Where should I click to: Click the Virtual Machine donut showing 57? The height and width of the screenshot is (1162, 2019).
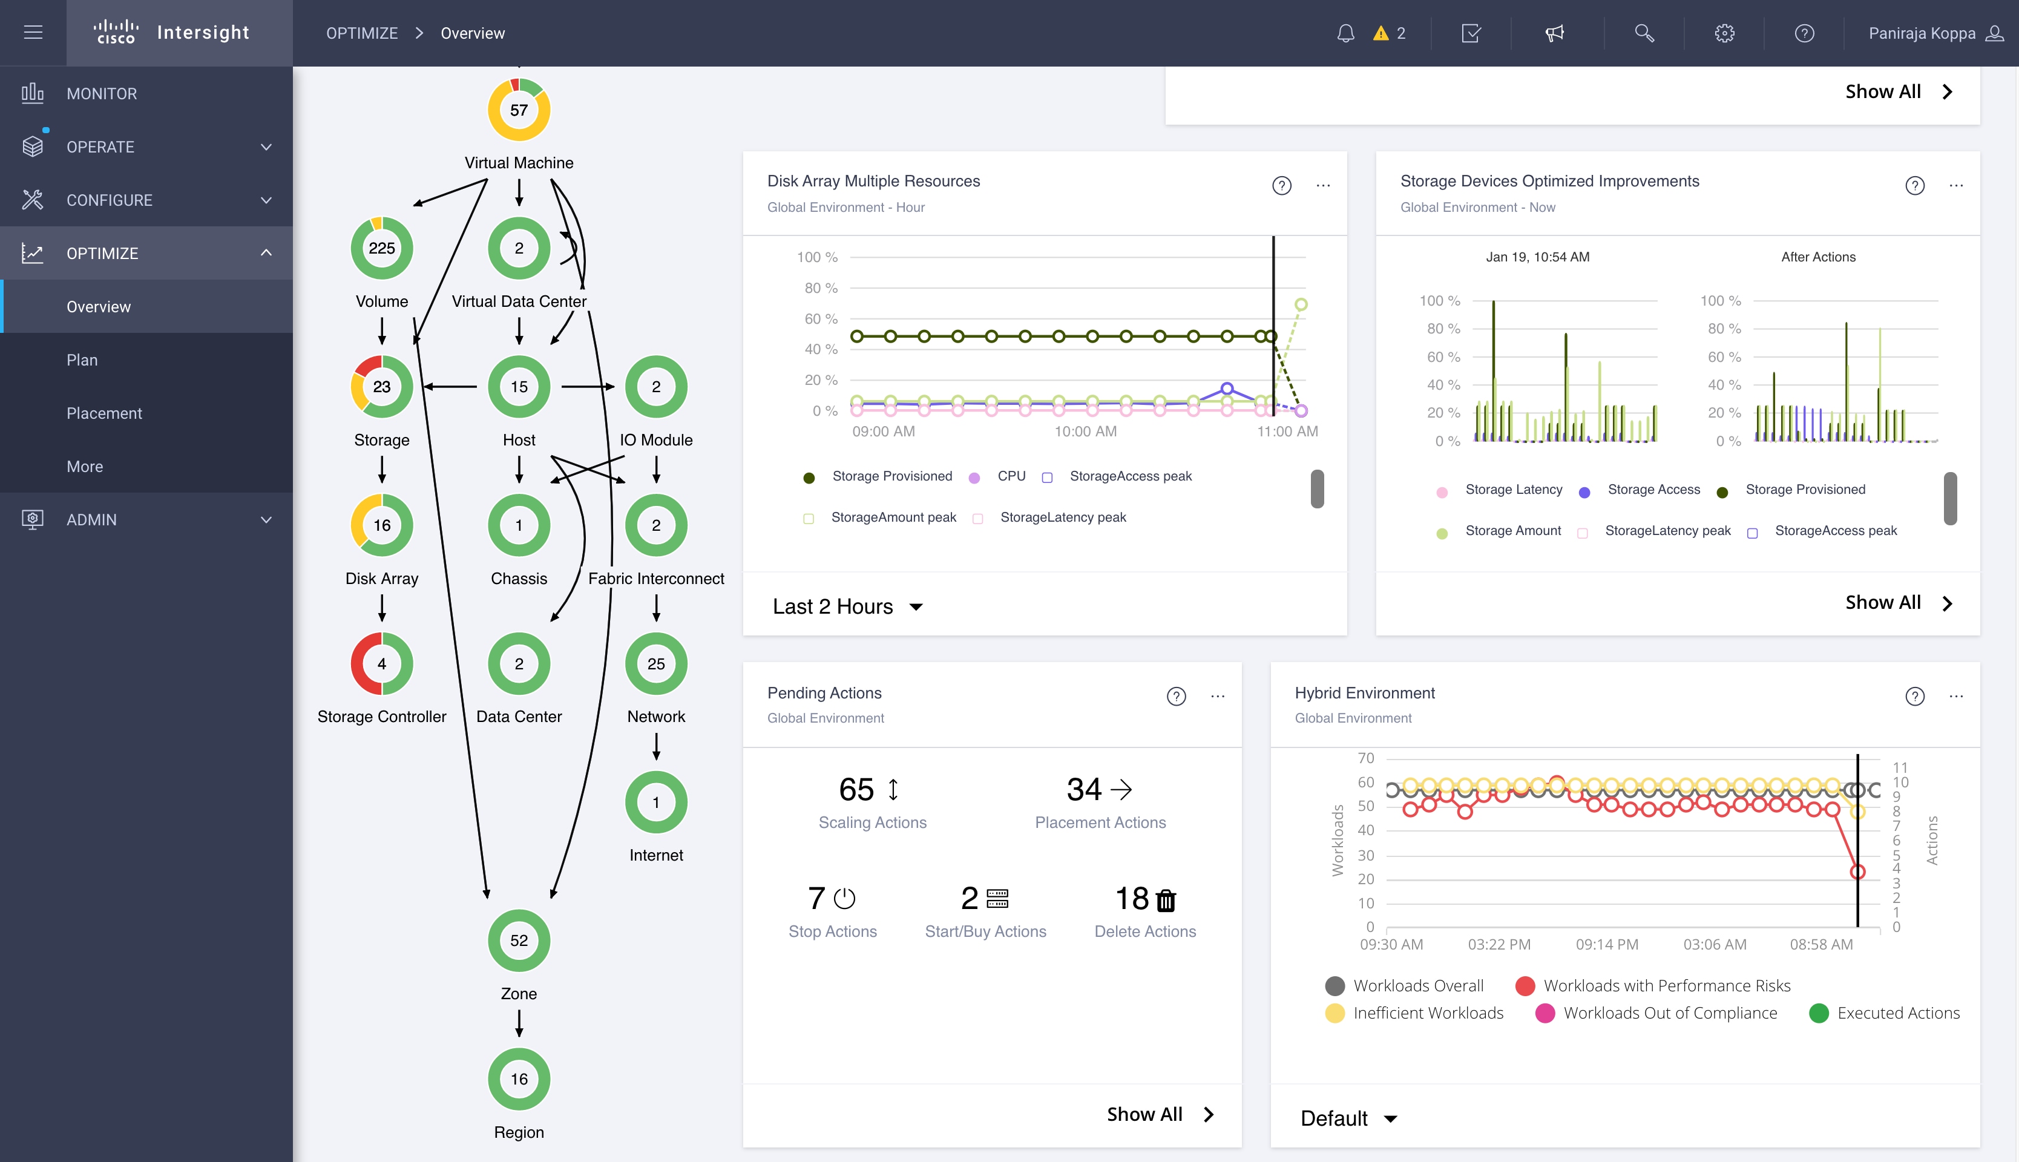[519, 110]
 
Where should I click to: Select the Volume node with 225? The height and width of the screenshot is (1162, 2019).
[381, 248]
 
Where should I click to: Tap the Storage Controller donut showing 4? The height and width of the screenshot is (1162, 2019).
[381, 664]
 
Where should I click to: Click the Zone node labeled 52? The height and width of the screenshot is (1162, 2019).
[519, 941]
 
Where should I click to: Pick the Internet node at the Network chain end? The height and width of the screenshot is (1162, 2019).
[656, 803]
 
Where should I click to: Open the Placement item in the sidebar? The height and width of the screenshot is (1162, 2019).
[103, 413]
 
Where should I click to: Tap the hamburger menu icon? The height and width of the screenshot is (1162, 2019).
[33, 33]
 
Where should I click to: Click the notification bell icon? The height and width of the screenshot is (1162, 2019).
[1345, 33]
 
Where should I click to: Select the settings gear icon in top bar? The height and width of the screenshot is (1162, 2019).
[1724, 33]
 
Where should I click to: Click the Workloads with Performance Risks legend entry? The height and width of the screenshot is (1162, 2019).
[1666, 986]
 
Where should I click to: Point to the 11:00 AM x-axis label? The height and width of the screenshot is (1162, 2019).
[1287, 432]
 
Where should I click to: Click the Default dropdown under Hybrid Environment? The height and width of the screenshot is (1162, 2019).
[1348, 1118]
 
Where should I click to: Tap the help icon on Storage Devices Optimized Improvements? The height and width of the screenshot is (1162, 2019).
[1914, 186]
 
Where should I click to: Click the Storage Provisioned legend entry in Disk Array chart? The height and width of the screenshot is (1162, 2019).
[891, 476]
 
